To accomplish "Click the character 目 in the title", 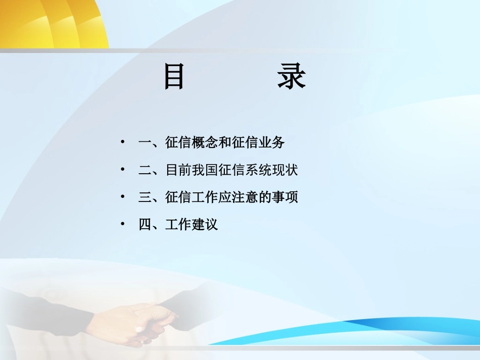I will click(x=174, y=77).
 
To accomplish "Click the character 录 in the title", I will click(x=292, y=77).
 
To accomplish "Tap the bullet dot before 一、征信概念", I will click(x=122, y=142).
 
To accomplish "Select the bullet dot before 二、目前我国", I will click(x=122, y=170).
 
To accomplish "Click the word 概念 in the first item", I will click(x=205, y=143).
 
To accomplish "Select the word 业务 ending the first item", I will click(x=272, y=143).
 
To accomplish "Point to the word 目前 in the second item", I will click(x=179, y=170).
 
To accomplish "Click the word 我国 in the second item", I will click(x=205, y=170).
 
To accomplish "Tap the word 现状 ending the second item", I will click(x=285, y=170).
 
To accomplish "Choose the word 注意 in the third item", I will click(x=245, y=197).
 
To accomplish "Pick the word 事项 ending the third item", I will click(x=285, y=197).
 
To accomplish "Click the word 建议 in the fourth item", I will click(x=205, y=224).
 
